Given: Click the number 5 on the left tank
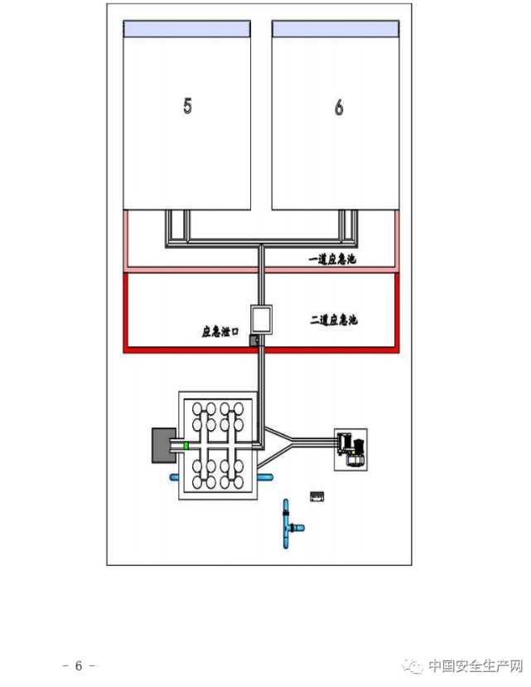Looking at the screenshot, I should [x=187, y=107].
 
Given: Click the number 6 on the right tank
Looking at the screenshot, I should [x=339, y=108].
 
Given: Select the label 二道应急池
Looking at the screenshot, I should [x=333, y=320].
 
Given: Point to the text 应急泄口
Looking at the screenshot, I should [x=220, y=331].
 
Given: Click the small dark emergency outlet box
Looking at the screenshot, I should [x=255, y=339].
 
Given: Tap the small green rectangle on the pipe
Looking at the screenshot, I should [x=186, y=446].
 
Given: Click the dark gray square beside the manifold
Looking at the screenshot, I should [x=163, y=446].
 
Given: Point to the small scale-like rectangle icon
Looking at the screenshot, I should [x=316, y=496].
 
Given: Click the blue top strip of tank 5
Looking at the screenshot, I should [x=186, y=29].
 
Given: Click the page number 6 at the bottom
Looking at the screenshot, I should [x=79, y=665].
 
